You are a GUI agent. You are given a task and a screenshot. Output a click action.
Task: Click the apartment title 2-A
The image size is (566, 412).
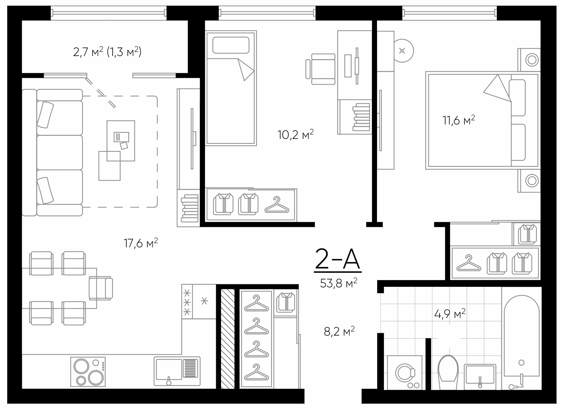(337, 259)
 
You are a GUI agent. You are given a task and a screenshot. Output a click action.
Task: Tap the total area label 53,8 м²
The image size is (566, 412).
(338, 283)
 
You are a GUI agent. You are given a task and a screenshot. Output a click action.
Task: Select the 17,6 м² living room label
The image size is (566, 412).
(141, 243)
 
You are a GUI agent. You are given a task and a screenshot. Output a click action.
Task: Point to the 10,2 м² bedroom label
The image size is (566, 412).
(295, 134)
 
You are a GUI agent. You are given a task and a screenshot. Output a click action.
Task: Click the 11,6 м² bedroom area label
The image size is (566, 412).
(459, 120)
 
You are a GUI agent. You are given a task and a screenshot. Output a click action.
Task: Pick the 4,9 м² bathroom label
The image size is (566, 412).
(450, 314)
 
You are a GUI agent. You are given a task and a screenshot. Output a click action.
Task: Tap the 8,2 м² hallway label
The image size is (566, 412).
(339, 332)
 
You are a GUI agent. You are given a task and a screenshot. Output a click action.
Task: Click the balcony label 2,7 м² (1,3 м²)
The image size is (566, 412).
(107, 52)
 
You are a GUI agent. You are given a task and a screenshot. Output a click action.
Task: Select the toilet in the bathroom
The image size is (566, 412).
(448, 371)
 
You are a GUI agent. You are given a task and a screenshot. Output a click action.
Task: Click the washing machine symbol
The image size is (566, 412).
(405, 373)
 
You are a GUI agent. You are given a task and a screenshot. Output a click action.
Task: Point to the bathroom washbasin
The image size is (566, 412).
(480, 376)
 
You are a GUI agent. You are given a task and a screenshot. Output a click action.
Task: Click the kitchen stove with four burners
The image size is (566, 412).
(88, 372)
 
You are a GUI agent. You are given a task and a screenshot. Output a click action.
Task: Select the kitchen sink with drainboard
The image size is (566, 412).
(177, 371)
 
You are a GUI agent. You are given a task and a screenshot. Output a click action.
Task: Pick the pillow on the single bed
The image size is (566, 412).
(231, 45)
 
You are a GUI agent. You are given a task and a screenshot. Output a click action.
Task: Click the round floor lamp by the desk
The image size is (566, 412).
(402, 51)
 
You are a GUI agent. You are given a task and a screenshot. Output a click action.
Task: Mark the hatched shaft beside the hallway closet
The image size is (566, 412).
(228, 339)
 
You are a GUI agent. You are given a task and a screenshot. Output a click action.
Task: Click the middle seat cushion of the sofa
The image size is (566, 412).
(60, 152)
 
